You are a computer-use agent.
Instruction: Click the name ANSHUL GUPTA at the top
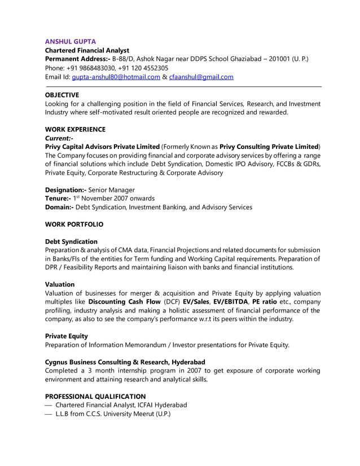tap(71, 41)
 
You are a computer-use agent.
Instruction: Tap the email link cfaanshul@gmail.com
tap(201, 77)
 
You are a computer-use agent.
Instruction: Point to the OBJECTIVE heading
tap(62, 95)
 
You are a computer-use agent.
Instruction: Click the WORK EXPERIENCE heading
tap(75, 129)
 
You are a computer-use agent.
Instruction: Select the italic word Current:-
tap(59, 138)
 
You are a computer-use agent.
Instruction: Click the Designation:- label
tap(65, 190)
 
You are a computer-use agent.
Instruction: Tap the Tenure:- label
tap(58, 199)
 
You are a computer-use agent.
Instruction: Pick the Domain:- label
tap(59, 207)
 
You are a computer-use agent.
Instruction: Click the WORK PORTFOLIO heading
tap(74, 224)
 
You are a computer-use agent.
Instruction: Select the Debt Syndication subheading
tap(71, 241)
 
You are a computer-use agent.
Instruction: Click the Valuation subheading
tap(60, 284)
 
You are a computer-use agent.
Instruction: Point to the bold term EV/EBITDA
tap(230, 302)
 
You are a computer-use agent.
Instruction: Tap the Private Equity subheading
tap(66, 336)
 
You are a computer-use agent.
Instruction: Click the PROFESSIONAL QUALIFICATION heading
tap(95, 396)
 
